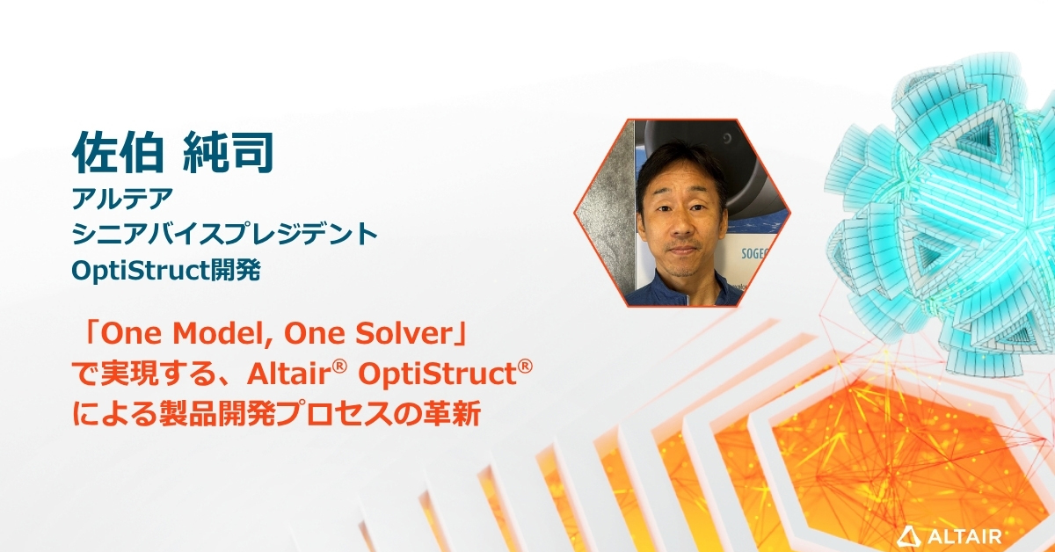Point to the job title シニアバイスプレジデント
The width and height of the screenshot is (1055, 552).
(225, 235)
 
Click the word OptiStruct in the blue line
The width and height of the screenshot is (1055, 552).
(141, 270)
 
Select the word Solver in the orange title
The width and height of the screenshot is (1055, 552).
(416, 335)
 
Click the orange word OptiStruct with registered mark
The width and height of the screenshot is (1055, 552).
(440, 375)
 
